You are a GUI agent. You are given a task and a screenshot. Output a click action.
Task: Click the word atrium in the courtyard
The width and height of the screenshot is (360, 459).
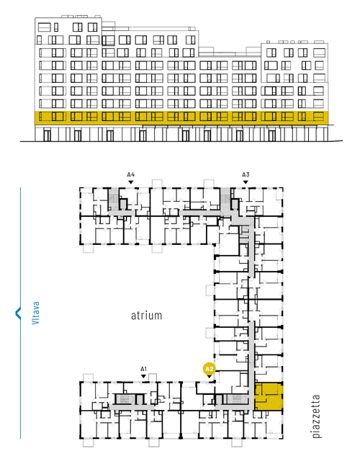tap(146, 316)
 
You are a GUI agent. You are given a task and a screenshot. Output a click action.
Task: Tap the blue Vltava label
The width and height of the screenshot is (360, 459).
tap(35, 313)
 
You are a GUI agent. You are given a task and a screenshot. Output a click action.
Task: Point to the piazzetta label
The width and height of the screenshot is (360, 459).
tap(316, 416)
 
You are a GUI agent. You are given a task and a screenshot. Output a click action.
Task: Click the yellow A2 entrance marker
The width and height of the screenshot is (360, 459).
tap(210, 370)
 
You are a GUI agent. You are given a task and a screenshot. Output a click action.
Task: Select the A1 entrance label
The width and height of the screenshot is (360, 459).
tap(143, 369)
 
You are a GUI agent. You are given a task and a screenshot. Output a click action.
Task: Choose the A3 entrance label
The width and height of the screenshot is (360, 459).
tap(246, 175)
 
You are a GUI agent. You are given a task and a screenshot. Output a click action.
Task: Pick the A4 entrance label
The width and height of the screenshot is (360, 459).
tap(131, 175)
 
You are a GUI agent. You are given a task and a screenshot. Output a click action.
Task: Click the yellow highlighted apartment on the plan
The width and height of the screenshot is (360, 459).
tap(269, 396)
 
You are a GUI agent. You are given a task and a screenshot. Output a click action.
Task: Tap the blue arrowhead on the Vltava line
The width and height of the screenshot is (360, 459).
tap(18, 313)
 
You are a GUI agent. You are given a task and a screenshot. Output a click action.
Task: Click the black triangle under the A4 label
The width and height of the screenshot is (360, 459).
tap(131, 182)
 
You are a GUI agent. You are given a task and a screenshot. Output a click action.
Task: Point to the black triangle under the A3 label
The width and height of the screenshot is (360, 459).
tap(246, 182)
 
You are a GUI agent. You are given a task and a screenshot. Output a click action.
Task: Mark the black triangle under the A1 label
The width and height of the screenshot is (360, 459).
tap(143, 376)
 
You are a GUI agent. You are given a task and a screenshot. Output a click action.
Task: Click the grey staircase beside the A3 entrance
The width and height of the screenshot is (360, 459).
tap(225, 200)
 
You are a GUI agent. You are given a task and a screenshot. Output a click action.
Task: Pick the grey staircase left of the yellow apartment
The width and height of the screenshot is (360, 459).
tap(236, 399)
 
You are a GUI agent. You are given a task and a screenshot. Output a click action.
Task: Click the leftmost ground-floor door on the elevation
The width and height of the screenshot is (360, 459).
tap(47, 135)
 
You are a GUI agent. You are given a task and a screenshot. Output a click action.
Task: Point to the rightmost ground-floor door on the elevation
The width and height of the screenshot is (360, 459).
tap(272, 135)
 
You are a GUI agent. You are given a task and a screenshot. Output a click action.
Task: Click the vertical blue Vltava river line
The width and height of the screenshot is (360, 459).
tap(20, 313)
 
